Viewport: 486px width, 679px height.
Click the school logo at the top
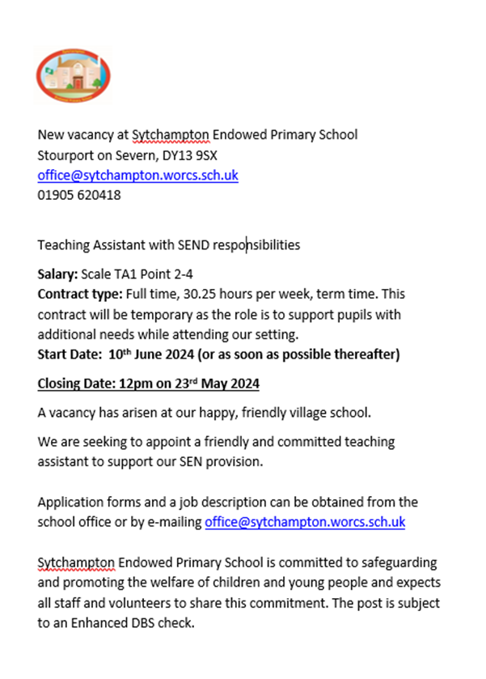pyautogui.click(x=74, y=76)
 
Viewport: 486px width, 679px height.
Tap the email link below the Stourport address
pyautogui.click(x=137, y=175)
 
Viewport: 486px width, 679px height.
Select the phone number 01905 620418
pyautogui.click(x=79, y=195)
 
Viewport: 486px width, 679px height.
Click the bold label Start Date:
pyautogui.click(x=68, y=354)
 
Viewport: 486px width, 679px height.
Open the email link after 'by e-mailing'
pyautogui.click(x=305, y=523)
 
